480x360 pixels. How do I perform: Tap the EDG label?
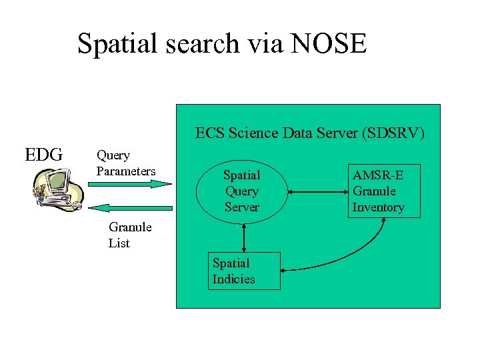(x=43, y=155)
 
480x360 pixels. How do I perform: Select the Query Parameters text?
(x=125, y=163)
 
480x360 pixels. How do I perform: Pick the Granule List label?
(x=129, y=235)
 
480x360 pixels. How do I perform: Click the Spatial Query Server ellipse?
(x=241, y=191)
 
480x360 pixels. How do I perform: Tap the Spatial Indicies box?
(x=243, y=271)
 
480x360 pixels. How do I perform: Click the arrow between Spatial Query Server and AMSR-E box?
(x=317, y=192)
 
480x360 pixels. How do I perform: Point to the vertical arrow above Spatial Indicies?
(x=245, y=237)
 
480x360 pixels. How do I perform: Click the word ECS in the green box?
(x=210, y=133)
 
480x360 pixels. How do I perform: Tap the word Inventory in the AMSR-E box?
(x=378, y=207)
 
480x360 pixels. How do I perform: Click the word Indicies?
(x=233, y=279)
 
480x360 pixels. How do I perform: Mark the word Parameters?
(x=125, y=171)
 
